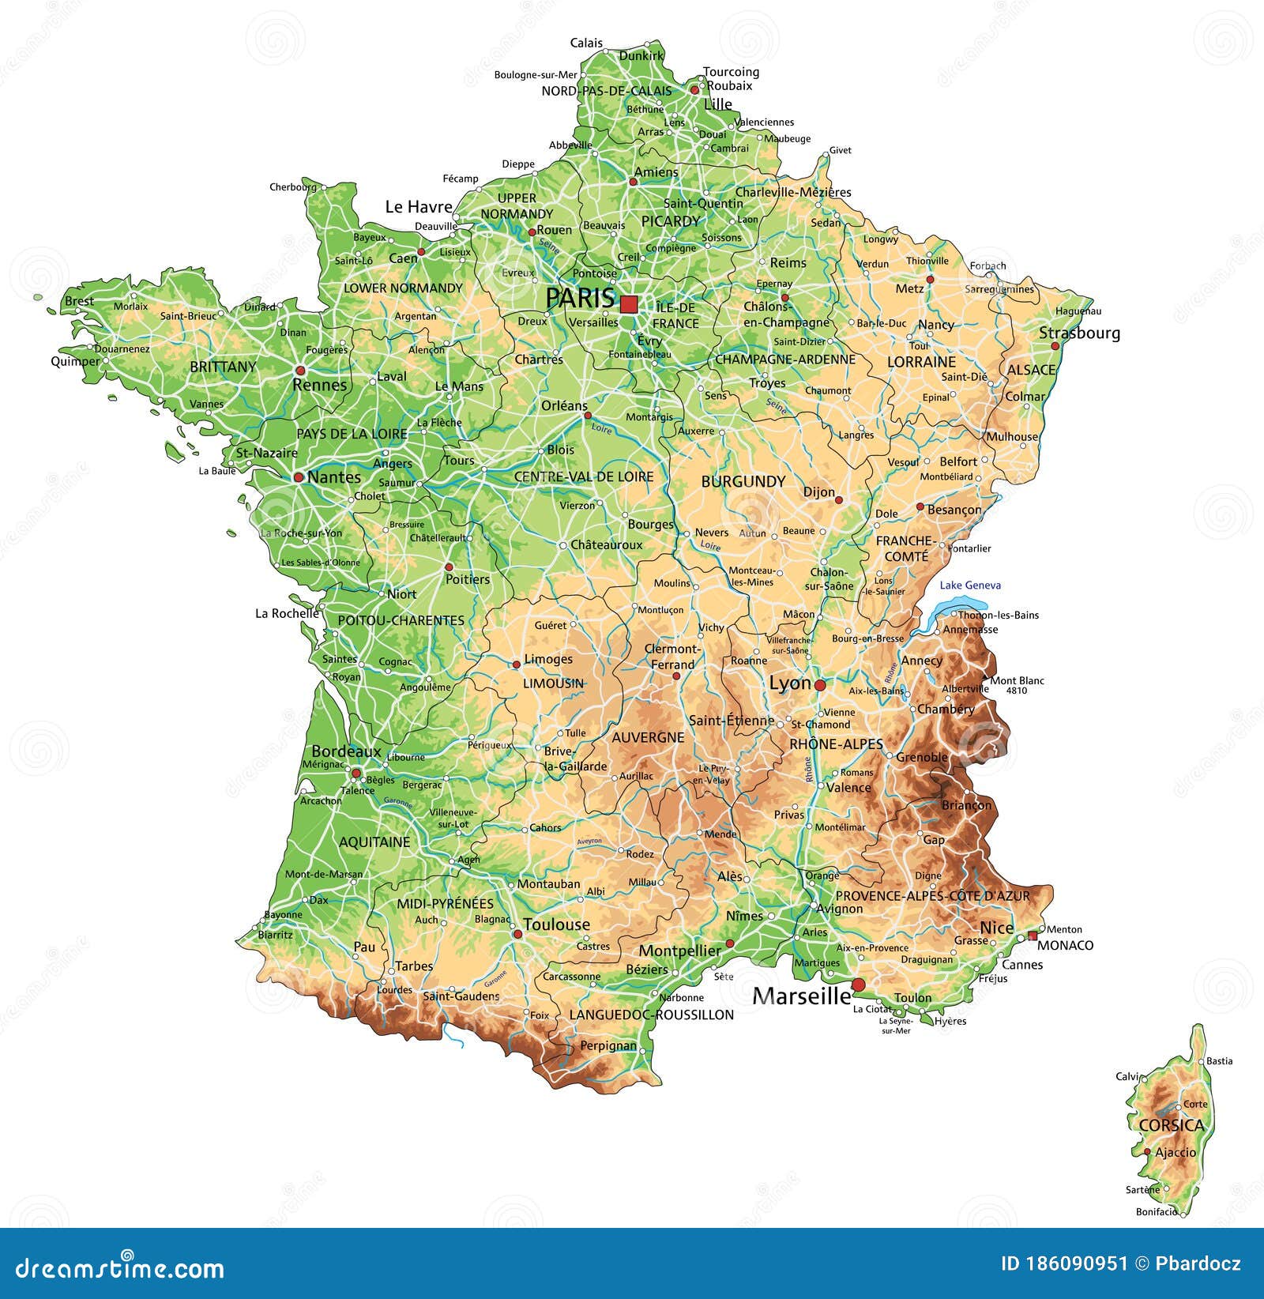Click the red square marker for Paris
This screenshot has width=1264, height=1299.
tap(629, 304)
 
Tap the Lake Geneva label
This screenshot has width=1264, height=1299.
tap(970, 585)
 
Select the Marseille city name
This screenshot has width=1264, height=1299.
tap(801, 996)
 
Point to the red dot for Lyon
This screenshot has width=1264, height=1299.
tap(820, 685)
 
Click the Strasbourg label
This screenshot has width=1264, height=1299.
tap(1079, 333)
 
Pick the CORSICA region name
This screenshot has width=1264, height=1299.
tap(1172, 1125)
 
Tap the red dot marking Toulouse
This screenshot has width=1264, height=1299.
tap(518, 934)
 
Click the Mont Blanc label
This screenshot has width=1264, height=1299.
tap(1017, 680)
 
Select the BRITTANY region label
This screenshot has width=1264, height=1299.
tap(224, 367)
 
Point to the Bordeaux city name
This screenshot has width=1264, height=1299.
tap(346, 751)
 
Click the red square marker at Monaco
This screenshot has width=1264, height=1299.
tap(1033, 936)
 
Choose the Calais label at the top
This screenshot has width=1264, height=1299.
tap(586, 43)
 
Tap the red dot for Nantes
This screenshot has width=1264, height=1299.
tap(299, 477)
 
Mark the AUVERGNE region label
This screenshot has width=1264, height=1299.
tap(648, 737)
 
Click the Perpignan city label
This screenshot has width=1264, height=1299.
tap(608, 1045)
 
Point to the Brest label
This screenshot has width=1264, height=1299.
tap(79, 301)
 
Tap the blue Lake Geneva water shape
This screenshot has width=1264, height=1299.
tap(948, 609)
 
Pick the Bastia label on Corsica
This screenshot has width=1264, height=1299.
tap(1220, 1061)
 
